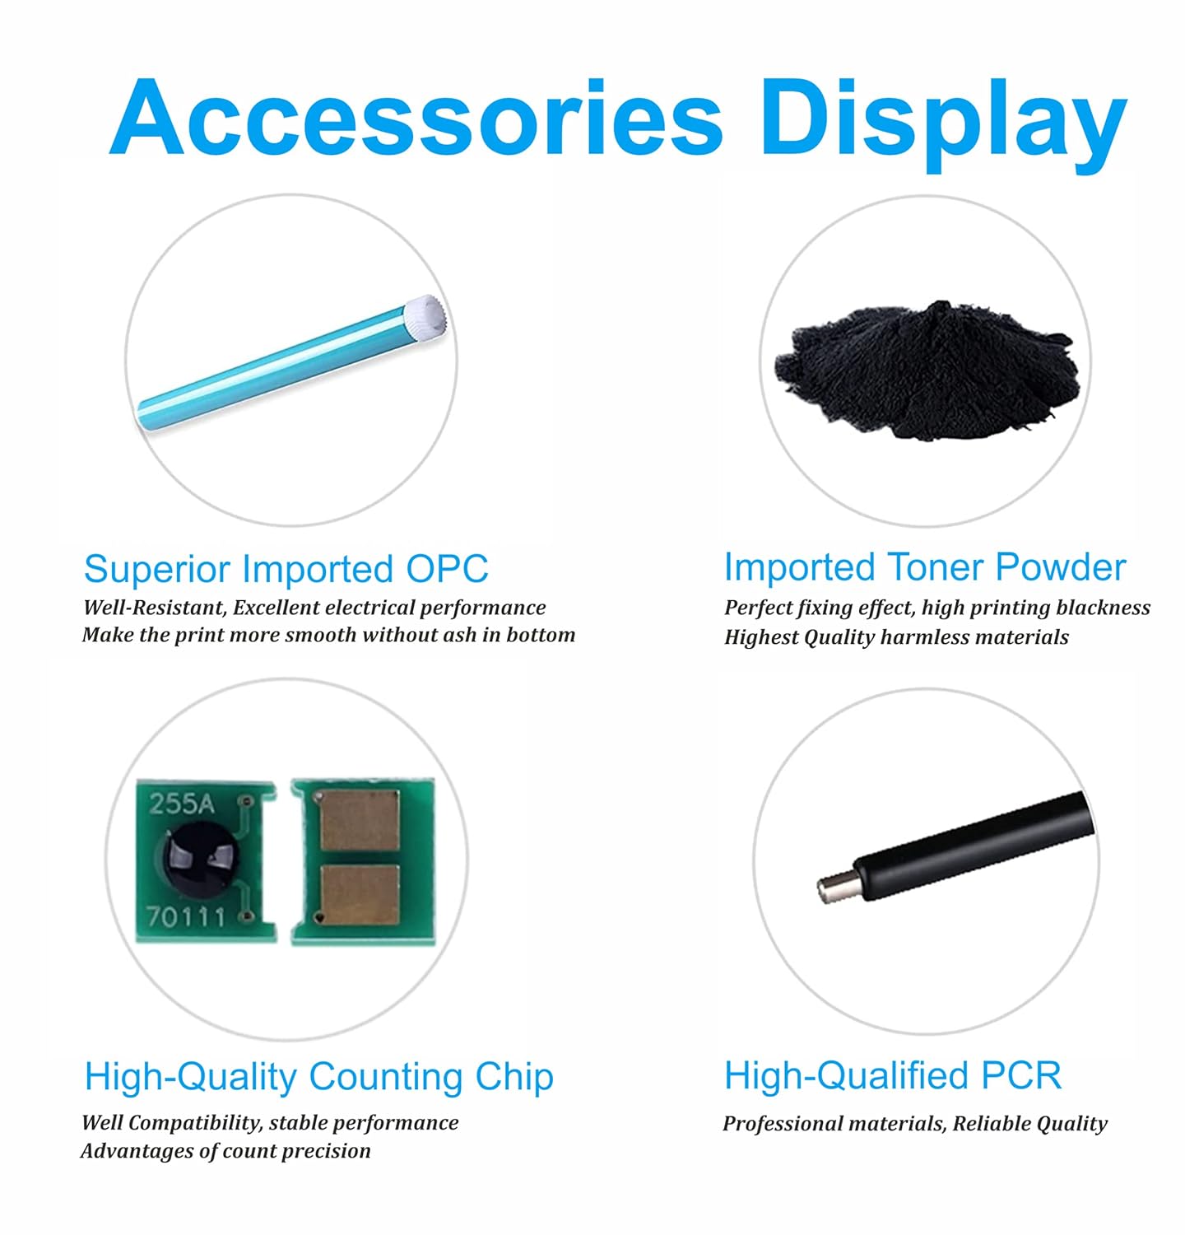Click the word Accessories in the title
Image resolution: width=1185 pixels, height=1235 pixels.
[416, 118]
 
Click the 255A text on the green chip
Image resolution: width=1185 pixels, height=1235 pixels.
[181, 803]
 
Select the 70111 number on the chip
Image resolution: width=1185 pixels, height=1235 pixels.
[185, 915]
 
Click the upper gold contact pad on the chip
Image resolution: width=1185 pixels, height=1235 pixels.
[360, 820]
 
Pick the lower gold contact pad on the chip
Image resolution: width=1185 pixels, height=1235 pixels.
[360, 893]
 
